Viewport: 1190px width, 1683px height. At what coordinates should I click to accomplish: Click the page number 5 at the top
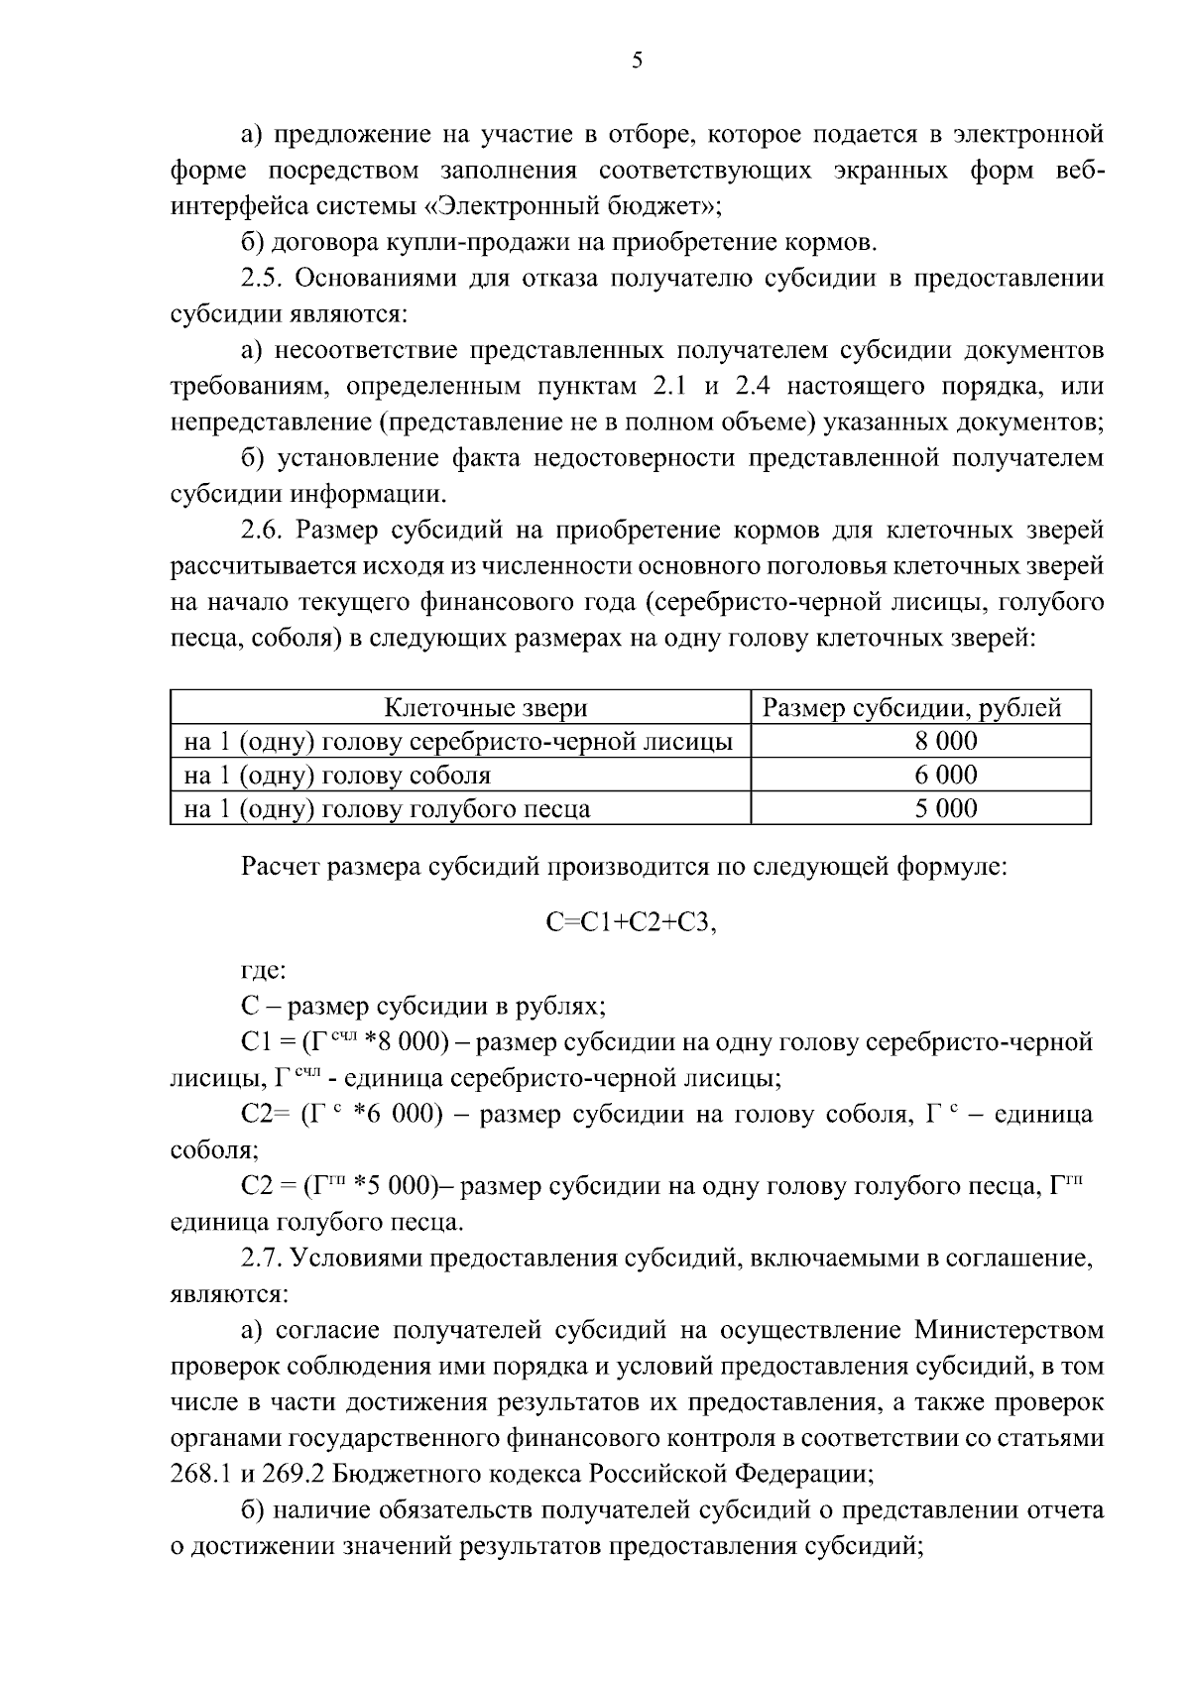click(638, 61)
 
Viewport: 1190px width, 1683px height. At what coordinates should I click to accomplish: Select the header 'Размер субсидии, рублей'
click(911, 708)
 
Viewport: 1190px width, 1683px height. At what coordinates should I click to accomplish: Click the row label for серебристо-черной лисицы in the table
click(458, 742)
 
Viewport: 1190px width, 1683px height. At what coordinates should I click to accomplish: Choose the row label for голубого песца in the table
click(387, 808)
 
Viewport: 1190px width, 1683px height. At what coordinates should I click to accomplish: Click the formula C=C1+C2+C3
click(631, 922)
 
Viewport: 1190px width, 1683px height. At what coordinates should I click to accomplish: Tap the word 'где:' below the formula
click(264, 971)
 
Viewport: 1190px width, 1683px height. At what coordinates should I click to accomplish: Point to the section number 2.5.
click(263, 278)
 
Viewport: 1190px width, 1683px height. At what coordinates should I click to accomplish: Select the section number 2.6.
click(263, 531)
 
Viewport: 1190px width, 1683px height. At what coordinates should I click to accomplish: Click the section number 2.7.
click(263, 1259)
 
